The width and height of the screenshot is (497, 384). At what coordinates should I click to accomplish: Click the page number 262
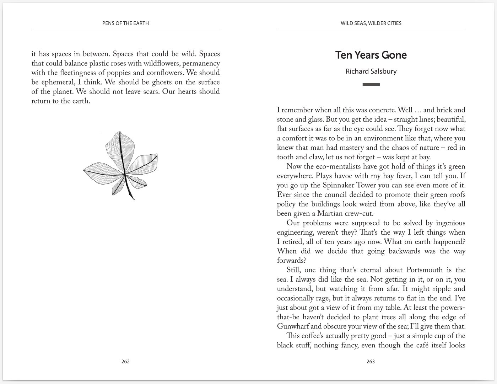125,362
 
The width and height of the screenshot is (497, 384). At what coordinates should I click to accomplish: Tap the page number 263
371,362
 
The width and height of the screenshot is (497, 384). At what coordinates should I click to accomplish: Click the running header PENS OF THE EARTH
125,23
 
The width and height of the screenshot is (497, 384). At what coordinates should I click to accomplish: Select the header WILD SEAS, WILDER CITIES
371,23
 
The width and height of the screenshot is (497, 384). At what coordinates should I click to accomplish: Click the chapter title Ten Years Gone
371,55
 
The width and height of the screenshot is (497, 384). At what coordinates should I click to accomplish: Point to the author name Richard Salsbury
371,71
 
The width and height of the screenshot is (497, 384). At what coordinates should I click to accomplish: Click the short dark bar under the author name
371,84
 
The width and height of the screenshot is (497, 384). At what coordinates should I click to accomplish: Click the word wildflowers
162,64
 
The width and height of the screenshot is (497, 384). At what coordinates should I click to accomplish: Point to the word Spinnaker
339,186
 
